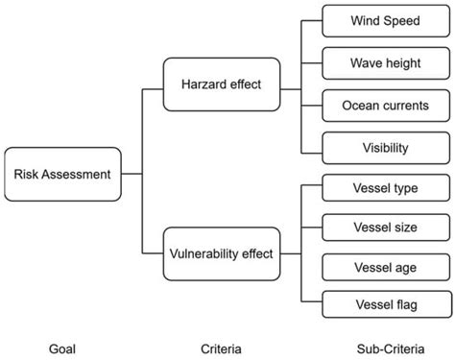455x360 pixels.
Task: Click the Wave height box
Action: point(385,63)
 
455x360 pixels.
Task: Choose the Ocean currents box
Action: point(385,106)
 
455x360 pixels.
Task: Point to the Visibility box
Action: point(385,148)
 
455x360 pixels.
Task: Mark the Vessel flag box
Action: point(385,305)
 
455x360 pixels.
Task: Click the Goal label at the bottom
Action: point(62,348)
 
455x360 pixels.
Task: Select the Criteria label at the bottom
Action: point(222,348)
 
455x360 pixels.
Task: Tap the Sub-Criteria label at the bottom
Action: point(384,348)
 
